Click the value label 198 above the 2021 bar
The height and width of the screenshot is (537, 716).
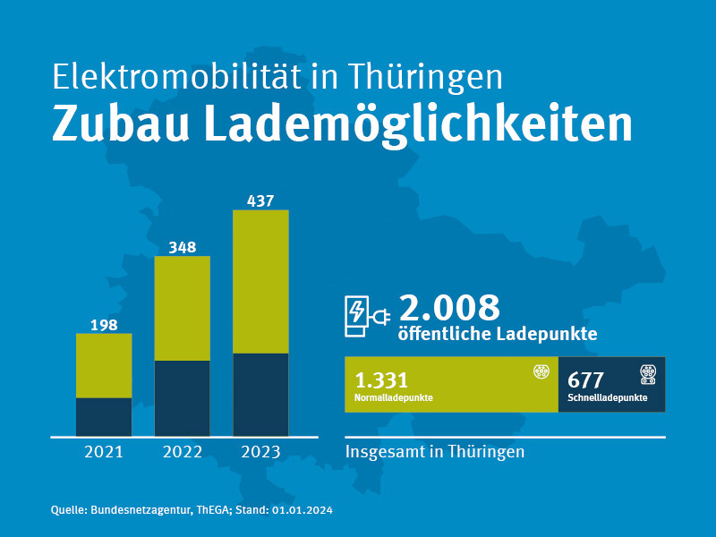104,324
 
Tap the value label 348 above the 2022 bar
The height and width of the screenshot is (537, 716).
182,247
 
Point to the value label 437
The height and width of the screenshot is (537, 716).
260,200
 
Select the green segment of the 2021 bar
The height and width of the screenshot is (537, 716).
104,365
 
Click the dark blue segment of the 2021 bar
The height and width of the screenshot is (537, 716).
104,416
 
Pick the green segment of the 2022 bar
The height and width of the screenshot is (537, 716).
182,308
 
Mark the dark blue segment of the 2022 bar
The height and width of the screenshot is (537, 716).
182,398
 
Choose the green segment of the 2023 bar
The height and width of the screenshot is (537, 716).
260,281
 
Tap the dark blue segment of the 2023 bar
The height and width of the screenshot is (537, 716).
260,395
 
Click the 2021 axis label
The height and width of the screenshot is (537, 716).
104,452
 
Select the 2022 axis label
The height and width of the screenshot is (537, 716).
182,452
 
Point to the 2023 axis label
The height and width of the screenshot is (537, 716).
260,452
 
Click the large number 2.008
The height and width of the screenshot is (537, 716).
449,308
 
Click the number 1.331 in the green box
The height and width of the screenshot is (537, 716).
382,379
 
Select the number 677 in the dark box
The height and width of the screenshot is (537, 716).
586,379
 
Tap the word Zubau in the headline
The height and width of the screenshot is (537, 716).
122,124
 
